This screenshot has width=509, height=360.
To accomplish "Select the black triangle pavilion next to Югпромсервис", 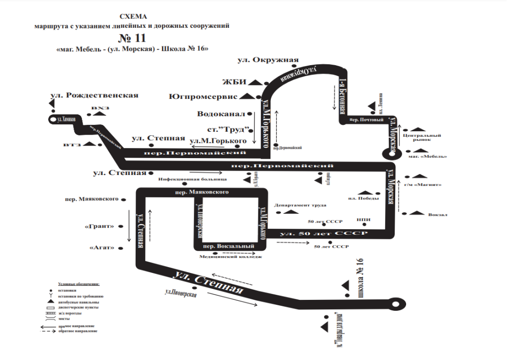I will pos(251,96).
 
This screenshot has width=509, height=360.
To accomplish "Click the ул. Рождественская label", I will pos(94,95).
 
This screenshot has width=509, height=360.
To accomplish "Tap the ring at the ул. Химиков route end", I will pos(52,119).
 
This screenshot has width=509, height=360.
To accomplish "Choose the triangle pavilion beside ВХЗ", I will pos(99,114).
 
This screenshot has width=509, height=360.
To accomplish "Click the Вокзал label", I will pos(437,215).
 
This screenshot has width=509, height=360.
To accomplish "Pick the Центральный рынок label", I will pos(419,137).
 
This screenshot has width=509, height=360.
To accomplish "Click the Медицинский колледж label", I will pos(230,257).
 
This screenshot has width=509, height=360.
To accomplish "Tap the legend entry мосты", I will pos(64,319).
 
